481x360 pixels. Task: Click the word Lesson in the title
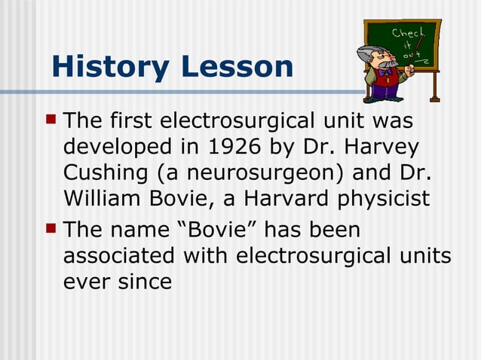(237, 67)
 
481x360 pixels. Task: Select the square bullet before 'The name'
(51, 227)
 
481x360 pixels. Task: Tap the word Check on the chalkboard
(406, 34)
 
